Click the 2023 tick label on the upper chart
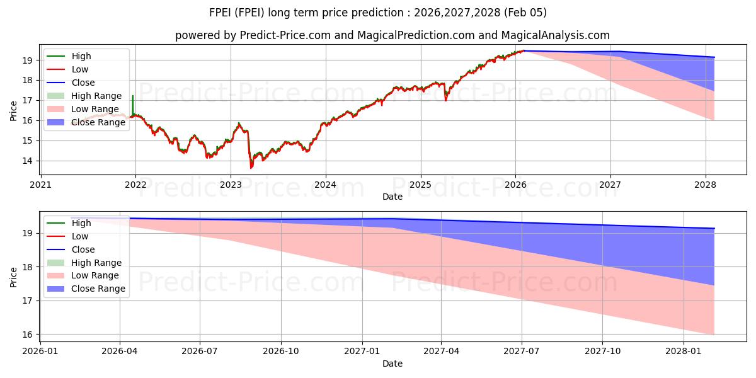pos(231,185)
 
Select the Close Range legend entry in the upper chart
pos(98,122)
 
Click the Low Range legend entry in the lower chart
pos(95,275)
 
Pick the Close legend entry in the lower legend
pos(83,249)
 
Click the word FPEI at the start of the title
pos(222,13)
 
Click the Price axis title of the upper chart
pos(14,111)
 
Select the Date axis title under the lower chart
pos(392,364)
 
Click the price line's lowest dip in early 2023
pos(251,168)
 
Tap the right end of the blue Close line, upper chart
pos(714,57)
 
